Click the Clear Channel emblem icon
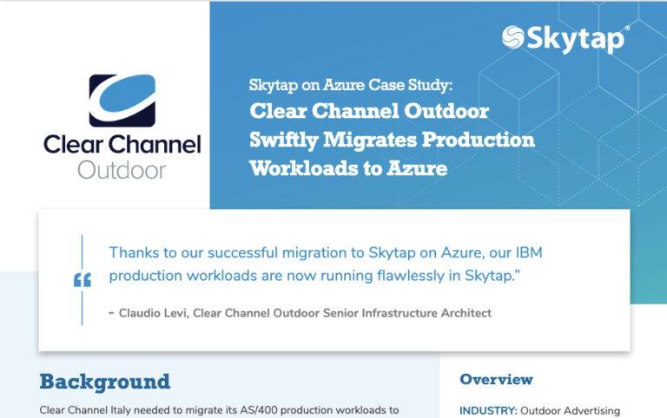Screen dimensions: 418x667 122,101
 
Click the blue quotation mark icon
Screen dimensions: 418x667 83,279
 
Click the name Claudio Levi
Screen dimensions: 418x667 155,312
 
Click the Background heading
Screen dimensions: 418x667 104,382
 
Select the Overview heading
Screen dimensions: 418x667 496,379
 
